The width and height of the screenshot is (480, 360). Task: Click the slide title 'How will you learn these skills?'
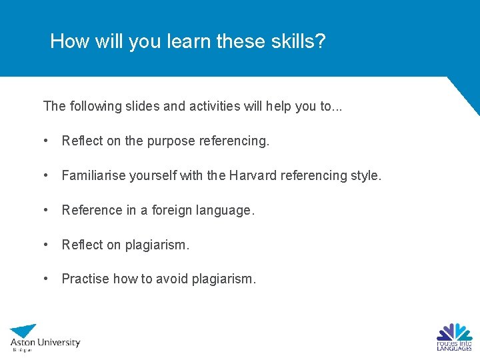[188, 41]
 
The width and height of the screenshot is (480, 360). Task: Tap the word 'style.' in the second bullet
[366, 175]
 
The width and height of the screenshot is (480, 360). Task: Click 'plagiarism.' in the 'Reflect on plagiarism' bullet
[157, 245]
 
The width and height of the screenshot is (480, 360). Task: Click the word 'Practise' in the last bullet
[85, 279]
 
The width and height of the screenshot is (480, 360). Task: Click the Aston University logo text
[45, 343]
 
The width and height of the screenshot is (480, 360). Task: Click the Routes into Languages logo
[454, 337]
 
